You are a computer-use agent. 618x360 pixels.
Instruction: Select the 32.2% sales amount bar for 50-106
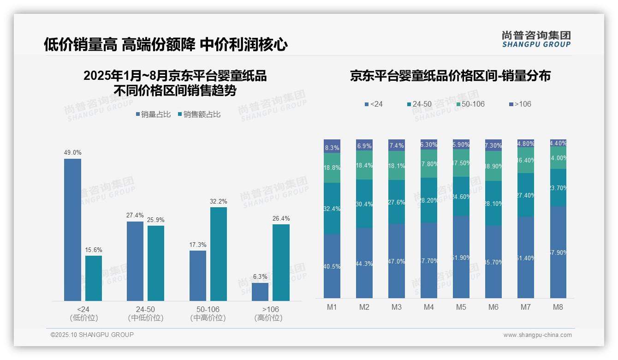(x=219, y=254)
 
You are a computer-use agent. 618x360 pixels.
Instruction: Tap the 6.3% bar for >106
(x=260, y=292)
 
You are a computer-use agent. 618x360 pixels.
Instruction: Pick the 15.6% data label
(x=94, y=250)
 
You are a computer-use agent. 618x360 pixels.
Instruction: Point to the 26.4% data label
(x=281, y=218)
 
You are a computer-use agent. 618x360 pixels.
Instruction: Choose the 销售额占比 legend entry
(x=199, y=114)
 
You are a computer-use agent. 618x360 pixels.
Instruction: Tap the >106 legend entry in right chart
(x=520, y=104)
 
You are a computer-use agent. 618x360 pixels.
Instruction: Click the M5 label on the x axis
(x=461, y=307)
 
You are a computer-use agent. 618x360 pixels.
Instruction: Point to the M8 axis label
(x=558, y=307)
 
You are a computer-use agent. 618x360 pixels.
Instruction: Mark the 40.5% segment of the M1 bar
(x=332, y=266)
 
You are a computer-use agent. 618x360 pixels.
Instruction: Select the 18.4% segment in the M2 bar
(x=364, y=165)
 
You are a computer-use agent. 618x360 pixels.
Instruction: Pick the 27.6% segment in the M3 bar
(x=397, y=202)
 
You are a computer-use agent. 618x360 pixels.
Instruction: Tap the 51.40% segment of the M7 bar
(x=526, y=258)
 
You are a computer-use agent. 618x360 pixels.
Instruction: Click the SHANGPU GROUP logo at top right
(x=536, y=39)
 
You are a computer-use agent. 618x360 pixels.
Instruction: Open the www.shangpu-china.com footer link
(x=537, y=335)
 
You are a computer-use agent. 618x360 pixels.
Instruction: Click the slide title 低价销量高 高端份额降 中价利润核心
(x=166, y=44)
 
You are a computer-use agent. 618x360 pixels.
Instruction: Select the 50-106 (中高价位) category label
(x=208, y=313)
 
